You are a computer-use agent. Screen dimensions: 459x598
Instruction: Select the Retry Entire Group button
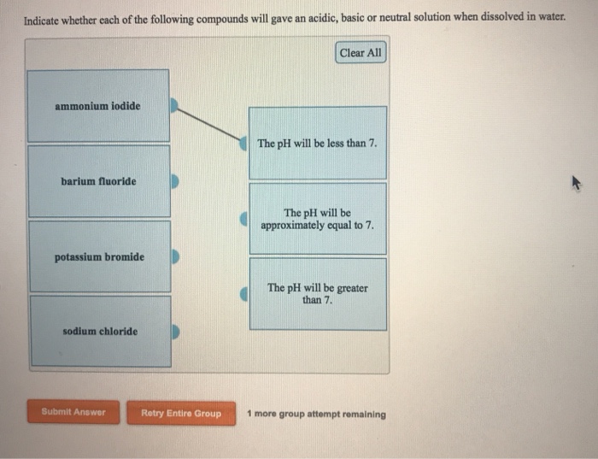pyautogui.click(x=181, y=414)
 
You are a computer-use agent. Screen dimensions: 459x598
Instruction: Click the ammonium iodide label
pyautogui.click(x=97, y=107)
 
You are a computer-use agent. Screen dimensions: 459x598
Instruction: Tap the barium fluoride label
pyautogui.click(x=98, y=181)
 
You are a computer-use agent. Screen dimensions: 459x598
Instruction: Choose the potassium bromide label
pyautogui.click(x=99, y=256)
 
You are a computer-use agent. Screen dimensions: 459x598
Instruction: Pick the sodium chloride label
pyautogui.click(x=99, y=332)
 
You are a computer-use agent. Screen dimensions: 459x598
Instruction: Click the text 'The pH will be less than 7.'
pyautogui.click(x=317, y=144)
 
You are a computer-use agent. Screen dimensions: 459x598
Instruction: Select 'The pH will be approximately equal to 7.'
pyautogui.click(x=317, y=219)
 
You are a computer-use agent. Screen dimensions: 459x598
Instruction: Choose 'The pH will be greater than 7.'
pyautogui.click(x=317, y=294)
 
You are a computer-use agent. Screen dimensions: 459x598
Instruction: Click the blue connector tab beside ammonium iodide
pyautogui.click(x=174, y=106)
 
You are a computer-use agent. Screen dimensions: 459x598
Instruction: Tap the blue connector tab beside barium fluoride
pyautogui.click(x=174, y=181)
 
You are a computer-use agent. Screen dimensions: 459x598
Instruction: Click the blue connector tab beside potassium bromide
pyautogui.click(x=174, y=256)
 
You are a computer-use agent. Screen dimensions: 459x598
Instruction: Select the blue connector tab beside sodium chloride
pyautogui.click(x=174, y=332)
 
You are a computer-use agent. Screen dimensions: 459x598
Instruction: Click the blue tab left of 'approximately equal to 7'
pyautogui.click(x=244, y=220)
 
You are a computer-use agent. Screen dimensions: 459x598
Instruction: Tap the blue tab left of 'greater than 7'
pyautogui.click(x=244, y=294)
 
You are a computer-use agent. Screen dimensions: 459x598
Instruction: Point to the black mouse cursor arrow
pyautogui.click(x=576, y=182)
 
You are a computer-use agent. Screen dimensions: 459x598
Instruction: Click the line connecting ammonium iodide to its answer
pyautogui.click(x=209, y=122)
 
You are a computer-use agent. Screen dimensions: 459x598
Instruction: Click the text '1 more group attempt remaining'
pyautogui.click(x=316, y=415)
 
